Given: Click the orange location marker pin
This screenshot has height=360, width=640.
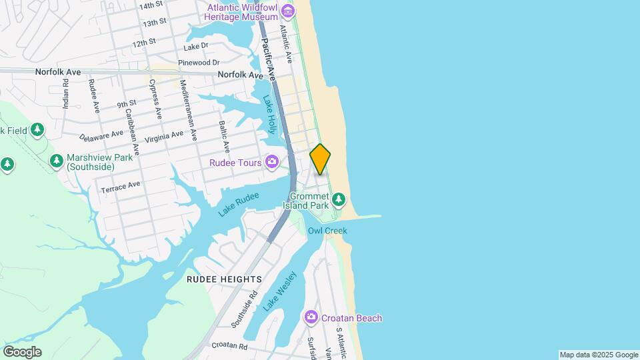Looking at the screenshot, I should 320,159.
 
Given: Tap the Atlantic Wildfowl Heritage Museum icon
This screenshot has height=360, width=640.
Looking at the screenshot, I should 287,11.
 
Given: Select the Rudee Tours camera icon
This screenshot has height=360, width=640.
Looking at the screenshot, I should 271,161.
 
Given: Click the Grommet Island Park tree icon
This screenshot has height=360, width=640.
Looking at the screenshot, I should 339,198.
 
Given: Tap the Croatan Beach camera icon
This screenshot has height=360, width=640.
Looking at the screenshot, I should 311,317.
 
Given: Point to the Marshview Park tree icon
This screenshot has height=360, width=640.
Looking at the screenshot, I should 57,161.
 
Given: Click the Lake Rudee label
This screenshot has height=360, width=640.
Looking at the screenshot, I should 237,205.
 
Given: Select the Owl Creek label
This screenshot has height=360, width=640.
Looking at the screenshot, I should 327,231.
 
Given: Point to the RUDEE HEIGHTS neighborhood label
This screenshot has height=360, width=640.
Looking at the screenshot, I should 224,279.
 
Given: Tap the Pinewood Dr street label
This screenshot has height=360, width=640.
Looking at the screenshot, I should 198,63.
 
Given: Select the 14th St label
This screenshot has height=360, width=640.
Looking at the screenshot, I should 151,5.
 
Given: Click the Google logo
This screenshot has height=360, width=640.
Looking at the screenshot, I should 22,351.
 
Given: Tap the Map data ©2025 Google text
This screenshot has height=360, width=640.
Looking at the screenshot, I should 599,355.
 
